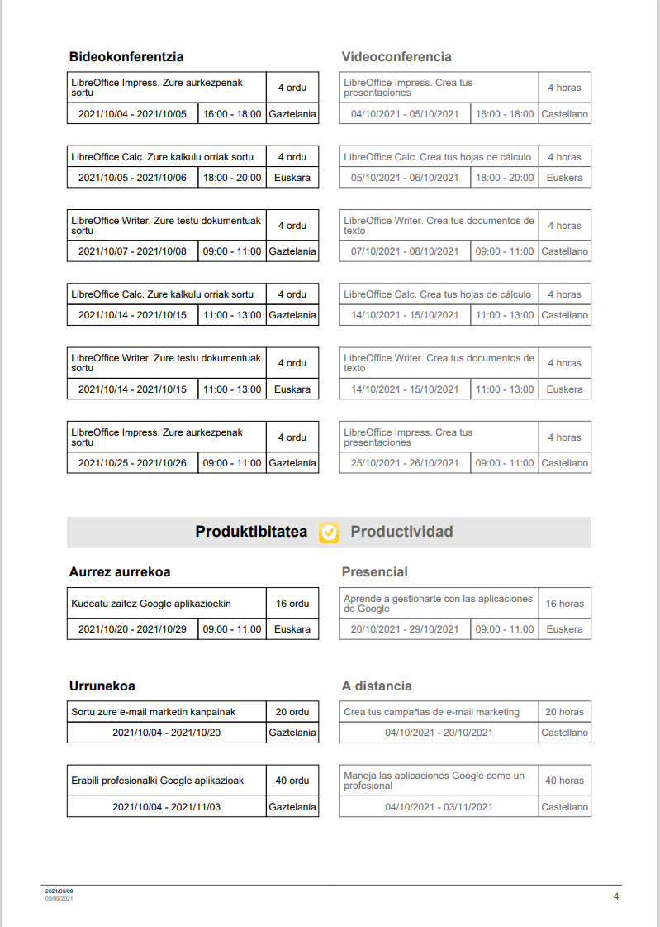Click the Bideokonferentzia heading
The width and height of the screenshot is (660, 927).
coord(126,57)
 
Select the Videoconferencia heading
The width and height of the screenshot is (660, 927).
coord(396,57)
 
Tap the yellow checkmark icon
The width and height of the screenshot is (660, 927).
coord(329,533)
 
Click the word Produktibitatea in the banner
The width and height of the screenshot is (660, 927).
coord(251,532)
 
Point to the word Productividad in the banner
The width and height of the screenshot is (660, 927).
coord(401,532)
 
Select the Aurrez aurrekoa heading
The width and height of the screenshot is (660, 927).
coord(120,572)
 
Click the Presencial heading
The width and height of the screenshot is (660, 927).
coord(374,572)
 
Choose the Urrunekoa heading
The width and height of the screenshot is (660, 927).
coord(102,686)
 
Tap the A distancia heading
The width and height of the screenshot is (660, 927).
coord(377,686)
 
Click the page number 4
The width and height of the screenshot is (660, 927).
coord(615,896)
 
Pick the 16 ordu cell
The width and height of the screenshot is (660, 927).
coord(292,604)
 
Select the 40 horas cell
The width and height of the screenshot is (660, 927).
coord(564,781)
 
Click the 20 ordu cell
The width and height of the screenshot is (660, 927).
coord(292,712)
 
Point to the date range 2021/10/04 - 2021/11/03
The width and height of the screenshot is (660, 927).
coord(167,807)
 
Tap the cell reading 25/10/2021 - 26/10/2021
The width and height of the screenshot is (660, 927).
coord(405,463)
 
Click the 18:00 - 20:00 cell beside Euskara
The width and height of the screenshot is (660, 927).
coord(232,178)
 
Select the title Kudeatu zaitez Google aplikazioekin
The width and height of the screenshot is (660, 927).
coord(151,604)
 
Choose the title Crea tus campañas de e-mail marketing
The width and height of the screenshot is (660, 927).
coord(432,712)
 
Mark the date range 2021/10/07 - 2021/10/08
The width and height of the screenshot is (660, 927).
coord(132,251)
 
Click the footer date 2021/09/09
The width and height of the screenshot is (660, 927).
coord(59,891)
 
